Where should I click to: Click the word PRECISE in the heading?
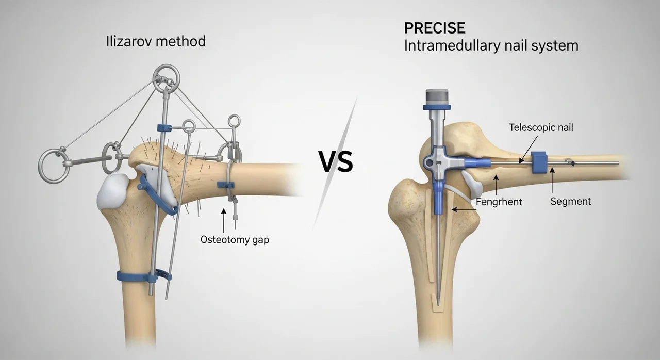pyautogui.click(x=435, y=28)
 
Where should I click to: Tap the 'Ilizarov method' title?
pyautogui.click(x=156, y=42)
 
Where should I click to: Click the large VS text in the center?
pyautogui.click(x=336, y=162)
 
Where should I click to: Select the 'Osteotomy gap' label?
pyautogui.click(x=235, y=240)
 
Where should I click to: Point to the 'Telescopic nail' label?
pyautogui.click(x=541, y=127)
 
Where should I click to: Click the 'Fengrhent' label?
pyautogui.click(x=499, y=202)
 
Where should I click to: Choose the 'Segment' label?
pyautogui.click(x=571, y=202)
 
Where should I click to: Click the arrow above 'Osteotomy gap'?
pyautogui.click(x=224, y=220)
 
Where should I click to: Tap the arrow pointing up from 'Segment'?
pyautogui.click(x=552, y=180)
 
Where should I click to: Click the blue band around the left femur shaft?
pyautogui.click(x=136, y=277)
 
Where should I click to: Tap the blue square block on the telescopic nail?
pyautogui.click(x=539, y=162)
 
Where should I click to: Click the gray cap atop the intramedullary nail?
pyautogui.click(x=437, y=97)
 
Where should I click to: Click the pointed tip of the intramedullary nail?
pyautogui.click(x=438, y=305)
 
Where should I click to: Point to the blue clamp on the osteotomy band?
pyautogui.click(x=226, y=185)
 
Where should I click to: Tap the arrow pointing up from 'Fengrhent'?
pyautogui.click(x=496, y=185)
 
